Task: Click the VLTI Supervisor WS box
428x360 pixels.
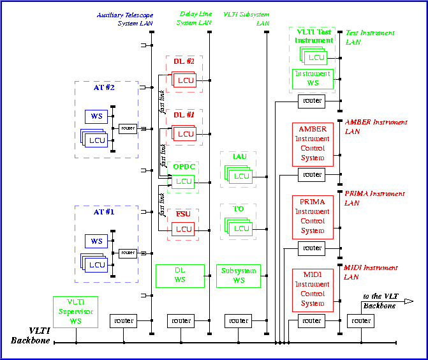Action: point(75,312)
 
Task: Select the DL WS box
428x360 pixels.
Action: point(180,276)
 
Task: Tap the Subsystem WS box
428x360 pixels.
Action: point(239,276)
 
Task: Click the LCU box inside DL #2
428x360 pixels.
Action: point(185,80)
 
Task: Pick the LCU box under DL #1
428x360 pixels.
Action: point(185,134)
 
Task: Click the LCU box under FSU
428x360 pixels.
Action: point(184,229)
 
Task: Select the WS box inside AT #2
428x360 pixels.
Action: point(96,117)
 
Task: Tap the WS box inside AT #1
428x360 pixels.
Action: point(96,241)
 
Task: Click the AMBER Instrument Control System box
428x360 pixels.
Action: point(313,144)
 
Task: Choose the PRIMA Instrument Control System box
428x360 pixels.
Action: point(313,216)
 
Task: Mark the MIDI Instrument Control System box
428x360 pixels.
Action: point(313,290)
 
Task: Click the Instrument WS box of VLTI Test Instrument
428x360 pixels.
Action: point(313,79)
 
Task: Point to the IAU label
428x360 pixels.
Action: point(239,157)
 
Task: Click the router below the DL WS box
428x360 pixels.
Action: point(181,320)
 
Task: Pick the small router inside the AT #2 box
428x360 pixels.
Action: point(128,128)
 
